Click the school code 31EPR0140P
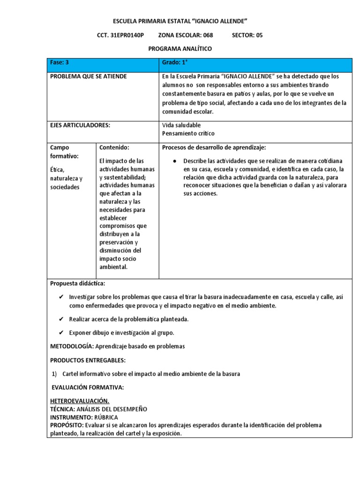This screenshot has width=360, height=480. (127, 35)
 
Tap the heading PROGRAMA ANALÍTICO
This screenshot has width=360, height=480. (180, 49)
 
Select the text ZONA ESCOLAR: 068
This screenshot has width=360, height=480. (186, 35)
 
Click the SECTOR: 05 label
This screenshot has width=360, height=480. (247, 35)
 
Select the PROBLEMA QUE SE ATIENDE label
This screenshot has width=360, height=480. (88, 76)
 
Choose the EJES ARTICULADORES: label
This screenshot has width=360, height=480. (80, 125)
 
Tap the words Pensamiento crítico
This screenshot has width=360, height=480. (188, 134)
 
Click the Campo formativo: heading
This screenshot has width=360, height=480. (64, 151)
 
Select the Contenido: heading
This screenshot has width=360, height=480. (114, 147)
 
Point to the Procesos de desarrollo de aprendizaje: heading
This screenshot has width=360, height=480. (214, 147)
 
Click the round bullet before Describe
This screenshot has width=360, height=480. (174, 161)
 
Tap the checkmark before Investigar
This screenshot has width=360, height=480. (61, 297)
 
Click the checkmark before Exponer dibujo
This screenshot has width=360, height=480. (61, 333)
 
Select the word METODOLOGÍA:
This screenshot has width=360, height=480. (72, 346)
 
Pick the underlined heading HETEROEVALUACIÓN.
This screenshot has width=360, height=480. (80, 402)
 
